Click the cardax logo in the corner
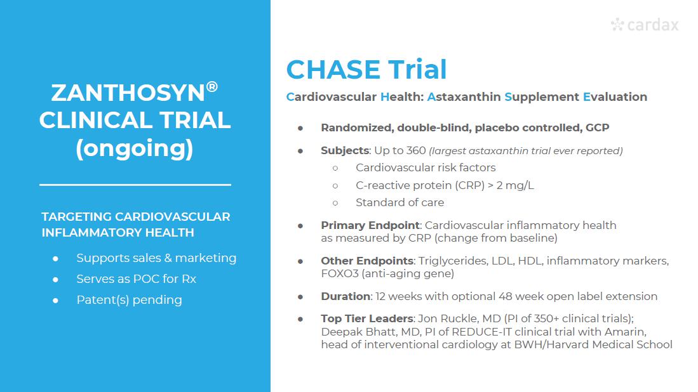pos(645,25)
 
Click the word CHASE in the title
pos(333,70)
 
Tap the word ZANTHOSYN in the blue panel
pos(128,93)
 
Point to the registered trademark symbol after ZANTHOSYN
pos(212,86)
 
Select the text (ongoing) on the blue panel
pos(135,148)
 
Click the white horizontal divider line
pos(135,185)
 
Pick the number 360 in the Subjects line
pos(416,151)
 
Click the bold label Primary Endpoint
pos(370,225)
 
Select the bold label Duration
pos(346,296)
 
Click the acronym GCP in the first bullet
pos(598,128)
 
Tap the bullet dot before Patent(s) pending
pos(55,301)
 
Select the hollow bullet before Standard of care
pos(335,203)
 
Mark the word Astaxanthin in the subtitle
pos(464,97)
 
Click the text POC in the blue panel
pos(146,279)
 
